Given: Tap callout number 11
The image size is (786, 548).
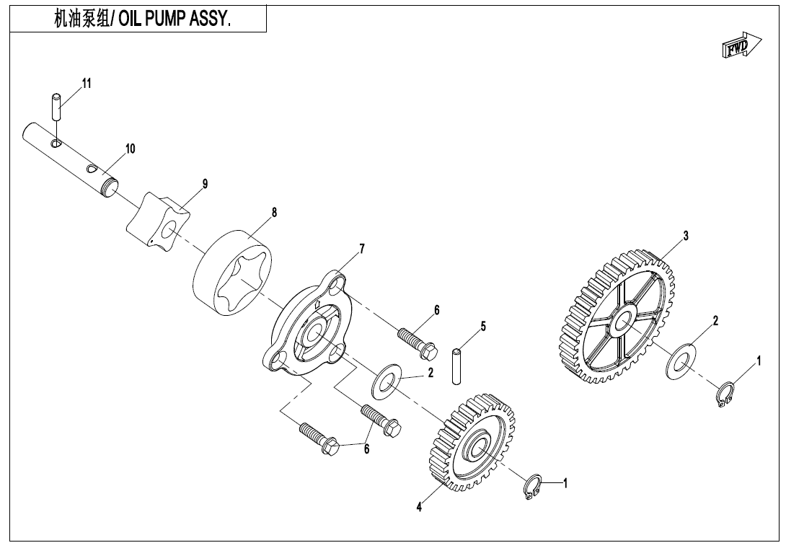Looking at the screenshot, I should click(87, 84).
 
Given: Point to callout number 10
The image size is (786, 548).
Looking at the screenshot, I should click(130, 149).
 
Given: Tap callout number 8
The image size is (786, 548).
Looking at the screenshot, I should click(274, 213).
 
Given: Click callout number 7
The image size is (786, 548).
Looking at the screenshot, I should click(362, 249).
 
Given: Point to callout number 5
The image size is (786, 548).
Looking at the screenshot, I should click(483, 326).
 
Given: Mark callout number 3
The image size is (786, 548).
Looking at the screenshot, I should click(686, 236).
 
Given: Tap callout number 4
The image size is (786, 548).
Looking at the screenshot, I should click(419, 507).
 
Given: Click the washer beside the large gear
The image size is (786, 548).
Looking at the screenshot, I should click(680, 361).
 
